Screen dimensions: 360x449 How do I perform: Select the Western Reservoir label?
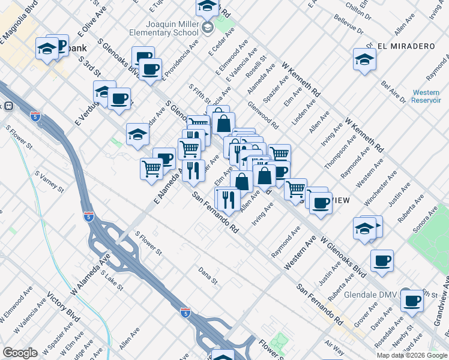coord(426,96)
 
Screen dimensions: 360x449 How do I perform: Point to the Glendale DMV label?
coord(371,295)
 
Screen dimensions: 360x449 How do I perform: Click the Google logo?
coord(20,353)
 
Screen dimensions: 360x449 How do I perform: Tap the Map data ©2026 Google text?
coord(412,355)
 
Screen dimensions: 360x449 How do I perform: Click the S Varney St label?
coord(49,181)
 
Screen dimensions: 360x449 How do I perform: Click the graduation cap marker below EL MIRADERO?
coord(364,59)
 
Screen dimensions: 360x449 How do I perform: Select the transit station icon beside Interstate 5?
coord(9,106)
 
